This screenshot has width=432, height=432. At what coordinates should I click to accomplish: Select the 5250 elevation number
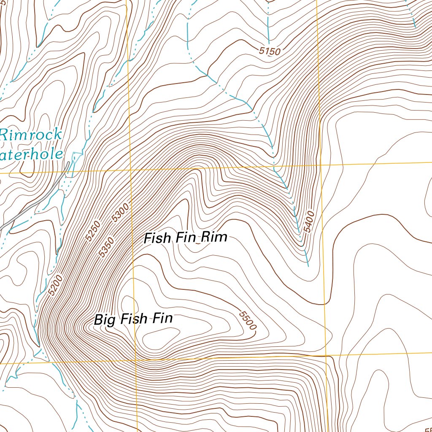(x=93, y=231)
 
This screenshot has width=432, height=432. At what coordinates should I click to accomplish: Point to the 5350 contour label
(x=107, y=248)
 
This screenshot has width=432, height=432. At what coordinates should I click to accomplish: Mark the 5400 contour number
(x=308, y=221)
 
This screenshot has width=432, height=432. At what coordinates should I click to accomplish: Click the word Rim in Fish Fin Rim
(x=214, y=237)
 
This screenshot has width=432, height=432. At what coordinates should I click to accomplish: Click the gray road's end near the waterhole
(x=68, y=162)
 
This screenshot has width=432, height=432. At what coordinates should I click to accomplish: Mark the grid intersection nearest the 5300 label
(x=130, y=170)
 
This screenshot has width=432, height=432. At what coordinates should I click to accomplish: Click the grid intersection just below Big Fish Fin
(x=136, y=360)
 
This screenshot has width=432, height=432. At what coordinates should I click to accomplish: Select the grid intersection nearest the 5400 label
(x=321, y=165)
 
